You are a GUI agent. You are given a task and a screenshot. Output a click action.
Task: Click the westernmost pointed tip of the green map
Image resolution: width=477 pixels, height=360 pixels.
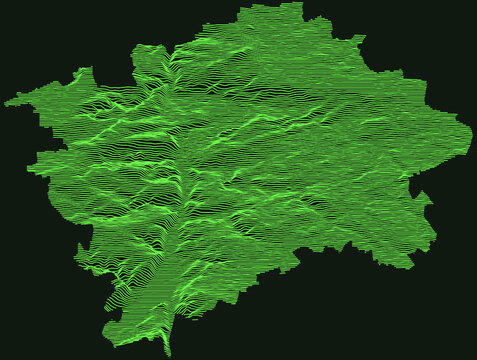coord(6,101)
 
